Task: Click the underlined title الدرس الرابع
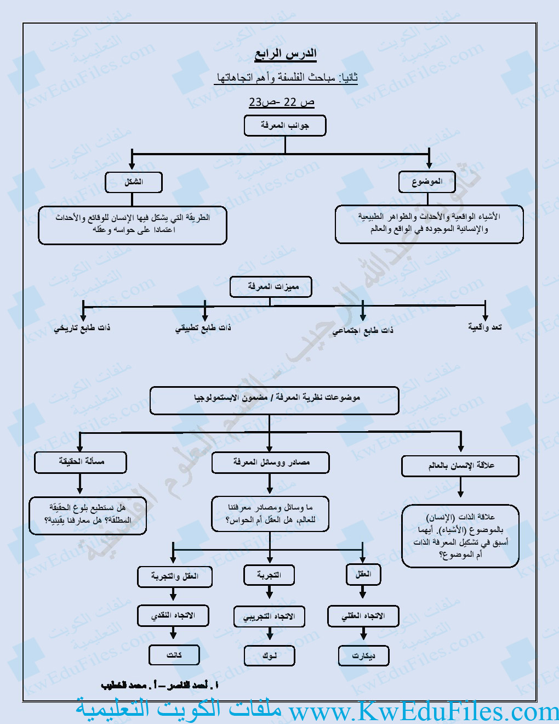click(286, 54)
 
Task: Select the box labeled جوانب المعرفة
click(285, 126)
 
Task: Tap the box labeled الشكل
click(134, 182)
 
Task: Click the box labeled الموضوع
click(427, 182)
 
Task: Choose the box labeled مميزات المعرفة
click(271, 287)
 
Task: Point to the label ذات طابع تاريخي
click(82, 328)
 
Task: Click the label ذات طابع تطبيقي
click(203, 328)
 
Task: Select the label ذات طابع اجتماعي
click(363, 330)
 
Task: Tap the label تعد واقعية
click(485, 327)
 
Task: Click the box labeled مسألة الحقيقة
click(81, 462)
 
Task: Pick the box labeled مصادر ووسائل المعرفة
click(271, 462)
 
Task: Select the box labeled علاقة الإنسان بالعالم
click(460, 466)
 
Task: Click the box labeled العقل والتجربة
click(175, 576)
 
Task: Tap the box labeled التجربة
click(269, 575)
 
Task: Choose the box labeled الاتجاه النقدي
click(173, 615)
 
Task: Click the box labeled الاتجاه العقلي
click(363, 616)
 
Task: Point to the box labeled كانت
click(174, 655)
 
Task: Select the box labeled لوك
click(269, 655)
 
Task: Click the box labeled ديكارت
click(364, 655)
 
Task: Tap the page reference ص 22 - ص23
click(282, 102)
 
